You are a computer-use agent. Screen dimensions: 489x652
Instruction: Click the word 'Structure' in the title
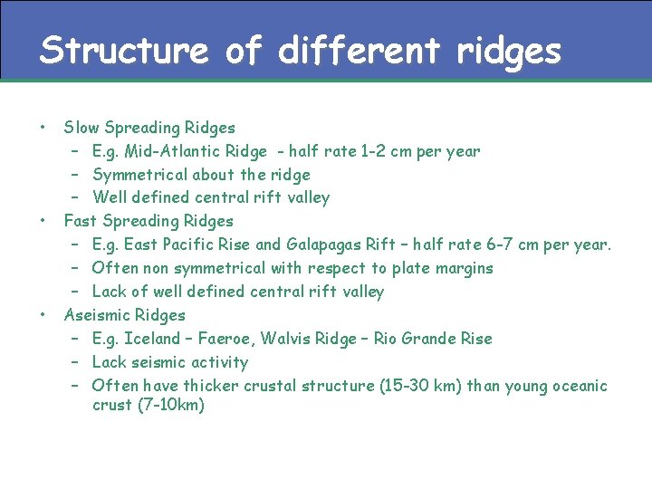point(123,50)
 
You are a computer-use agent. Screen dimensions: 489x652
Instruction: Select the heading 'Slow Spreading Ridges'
point(149,128)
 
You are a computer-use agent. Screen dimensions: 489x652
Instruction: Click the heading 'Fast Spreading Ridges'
point(149,221)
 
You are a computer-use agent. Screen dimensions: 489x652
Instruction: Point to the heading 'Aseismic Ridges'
point(124,315)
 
